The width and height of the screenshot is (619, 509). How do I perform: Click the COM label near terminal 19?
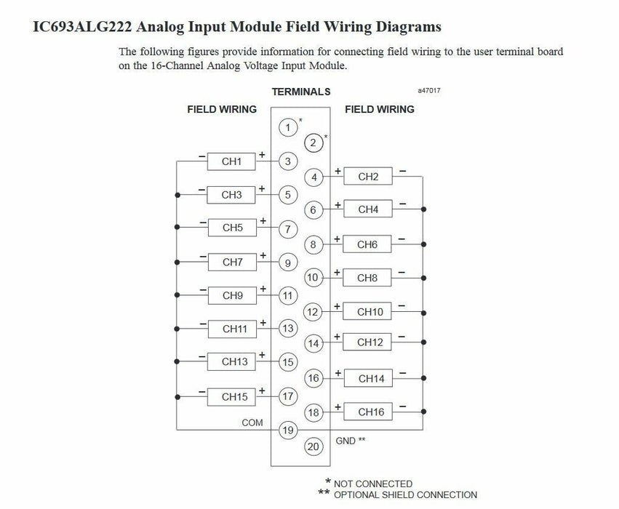(x=252, y=422)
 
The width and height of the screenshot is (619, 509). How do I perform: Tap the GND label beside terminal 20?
(x=346, y=441)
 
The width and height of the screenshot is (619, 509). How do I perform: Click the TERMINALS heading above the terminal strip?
(x=301, y=92)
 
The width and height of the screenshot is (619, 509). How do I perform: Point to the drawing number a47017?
(x=429, y=90)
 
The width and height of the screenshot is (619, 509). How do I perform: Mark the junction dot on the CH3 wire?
(x=177, y=195)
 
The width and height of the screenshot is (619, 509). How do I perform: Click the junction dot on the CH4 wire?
(x=423, y=209)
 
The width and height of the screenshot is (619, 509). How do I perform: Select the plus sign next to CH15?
(x=262, y=390)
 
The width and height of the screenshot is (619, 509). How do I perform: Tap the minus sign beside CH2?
(x=403, y=172)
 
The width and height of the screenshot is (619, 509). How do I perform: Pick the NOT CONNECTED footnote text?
(x=373, y=484)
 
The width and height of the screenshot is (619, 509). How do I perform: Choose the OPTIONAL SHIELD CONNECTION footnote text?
(x=405, y=494)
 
